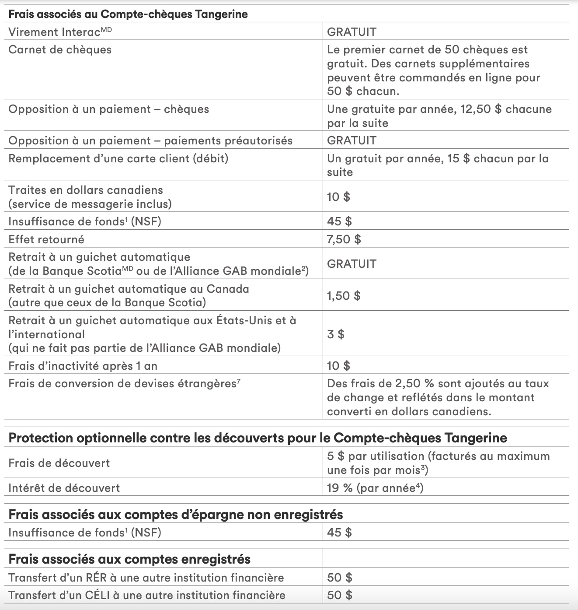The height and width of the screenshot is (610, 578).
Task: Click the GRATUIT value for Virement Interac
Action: click(x=352, y=32)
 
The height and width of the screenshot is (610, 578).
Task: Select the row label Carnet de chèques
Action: click(x=60, y=49)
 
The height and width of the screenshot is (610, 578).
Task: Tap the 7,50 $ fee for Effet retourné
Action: click(x=344, y=239)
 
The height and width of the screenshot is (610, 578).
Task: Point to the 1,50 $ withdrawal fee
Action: click(x=344, y=296)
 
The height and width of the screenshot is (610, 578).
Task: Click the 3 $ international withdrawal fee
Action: click(x=335, y=334)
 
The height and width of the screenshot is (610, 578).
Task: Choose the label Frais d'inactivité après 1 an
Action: click(x=83, y=366)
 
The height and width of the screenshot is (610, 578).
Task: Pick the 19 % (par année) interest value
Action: click(x=375, y=488)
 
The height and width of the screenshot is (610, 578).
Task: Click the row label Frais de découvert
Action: click(x=59, y=463)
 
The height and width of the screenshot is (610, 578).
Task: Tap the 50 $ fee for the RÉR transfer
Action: click(x=339, y=578)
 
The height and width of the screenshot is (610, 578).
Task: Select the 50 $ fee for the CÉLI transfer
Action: click(x=339, y=595)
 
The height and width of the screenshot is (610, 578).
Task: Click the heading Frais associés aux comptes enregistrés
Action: click(x=129, y=559)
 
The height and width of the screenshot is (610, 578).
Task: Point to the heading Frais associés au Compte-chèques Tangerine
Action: click(x=128, y=14)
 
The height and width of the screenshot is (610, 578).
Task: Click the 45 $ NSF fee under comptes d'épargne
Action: click(x=339, y=533)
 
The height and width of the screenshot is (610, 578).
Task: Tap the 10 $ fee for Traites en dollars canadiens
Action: click(x=338, y=197)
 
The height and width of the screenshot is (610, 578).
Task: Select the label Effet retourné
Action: click(x=46, y=239)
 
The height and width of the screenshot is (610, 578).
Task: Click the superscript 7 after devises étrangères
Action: click(x=238, y=381)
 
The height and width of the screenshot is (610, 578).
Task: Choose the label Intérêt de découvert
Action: click(x=64, y=488)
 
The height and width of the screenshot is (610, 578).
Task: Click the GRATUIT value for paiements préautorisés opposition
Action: click(x=352, y=140)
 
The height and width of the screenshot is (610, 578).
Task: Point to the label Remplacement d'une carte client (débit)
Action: click(x=118, y=158)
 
